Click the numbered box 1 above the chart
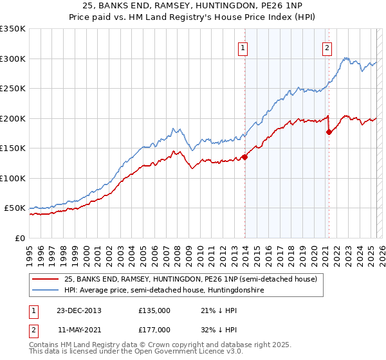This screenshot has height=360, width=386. pyautogui.click(x=243, y=47)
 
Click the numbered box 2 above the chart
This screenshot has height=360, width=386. pyautogui.click(x=327, y=47)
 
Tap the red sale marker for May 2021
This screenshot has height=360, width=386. pyautogui.click(x=329, y=132)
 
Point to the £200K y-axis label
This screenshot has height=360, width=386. pyautogui.click(x=13, y=118)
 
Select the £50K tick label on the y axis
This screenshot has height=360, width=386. pyautogui.click(x=15, y=208)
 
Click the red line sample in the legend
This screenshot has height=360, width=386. pyautogui.click(x=46, y=280)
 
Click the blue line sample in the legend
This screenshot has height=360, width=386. pyautogui.click(x=46, y=291)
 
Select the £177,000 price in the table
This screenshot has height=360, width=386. pyautogui.click(x=154, y=329)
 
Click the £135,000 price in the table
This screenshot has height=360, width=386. pyautogui.click(x=154, y=310)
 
